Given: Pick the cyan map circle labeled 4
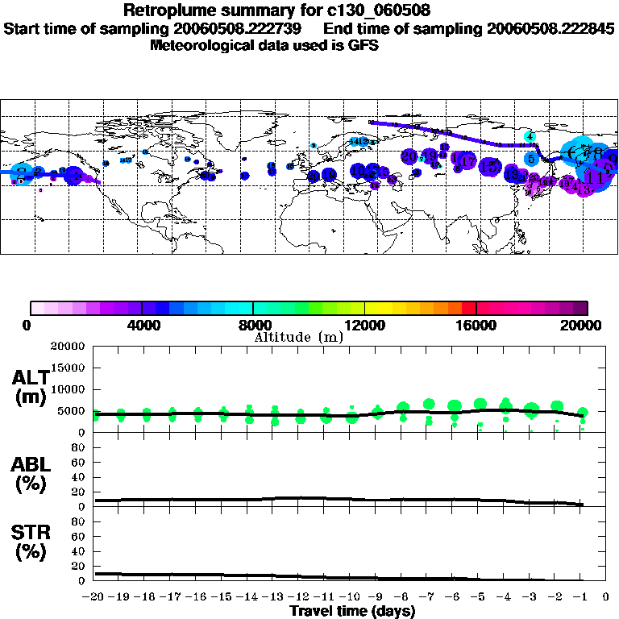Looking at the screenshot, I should [x=530, y=136].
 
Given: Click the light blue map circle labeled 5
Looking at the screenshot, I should [x=530, y=159].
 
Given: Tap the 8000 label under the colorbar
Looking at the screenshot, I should [x=254, y=325].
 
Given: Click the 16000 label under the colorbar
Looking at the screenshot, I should [x=476, y=325].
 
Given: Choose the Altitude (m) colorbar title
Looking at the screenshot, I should [x=298, y=337].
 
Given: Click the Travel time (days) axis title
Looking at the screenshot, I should [x=352, y=612].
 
